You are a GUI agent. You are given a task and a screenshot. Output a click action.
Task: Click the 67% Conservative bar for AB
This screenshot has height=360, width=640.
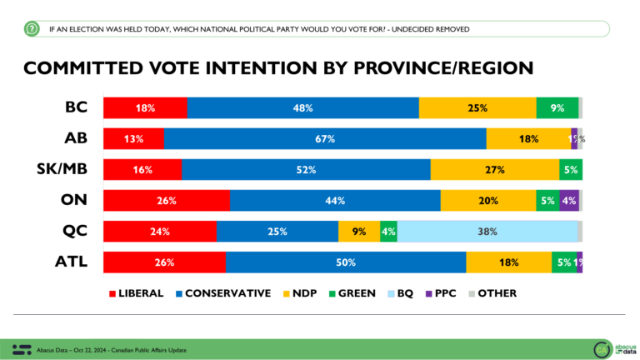(325, 139)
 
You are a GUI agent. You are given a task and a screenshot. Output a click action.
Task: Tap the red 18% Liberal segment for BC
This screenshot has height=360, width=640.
(145, 108)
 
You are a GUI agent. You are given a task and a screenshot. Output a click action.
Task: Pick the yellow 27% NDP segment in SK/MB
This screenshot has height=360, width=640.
(494, 170)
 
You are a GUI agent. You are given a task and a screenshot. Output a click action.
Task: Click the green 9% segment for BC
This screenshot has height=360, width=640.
(557, 108)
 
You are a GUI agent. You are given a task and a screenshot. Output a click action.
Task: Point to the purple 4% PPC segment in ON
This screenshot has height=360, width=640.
(568, 201)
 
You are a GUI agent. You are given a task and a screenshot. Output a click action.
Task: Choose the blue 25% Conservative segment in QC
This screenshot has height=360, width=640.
(277, 232)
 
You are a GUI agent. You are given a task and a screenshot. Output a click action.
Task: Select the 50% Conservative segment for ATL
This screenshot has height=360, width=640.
(346, 262)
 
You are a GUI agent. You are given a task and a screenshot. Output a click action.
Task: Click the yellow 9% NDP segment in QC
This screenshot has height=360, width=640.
(359, 232)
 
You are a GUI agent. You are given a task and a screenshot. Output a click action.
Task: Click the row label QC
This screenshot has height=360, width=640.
(76, 232)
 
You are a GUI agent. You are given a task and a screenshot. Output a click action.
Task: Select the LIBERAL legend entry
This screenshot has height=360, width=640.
(141, 293)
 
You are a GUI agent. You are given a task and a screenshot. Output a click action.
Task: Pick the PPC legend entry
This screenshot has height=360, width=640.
(441, 293)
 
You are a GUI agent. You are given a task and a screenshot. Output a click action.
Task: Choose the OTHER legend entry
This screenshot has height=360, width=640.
(492, 293)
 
